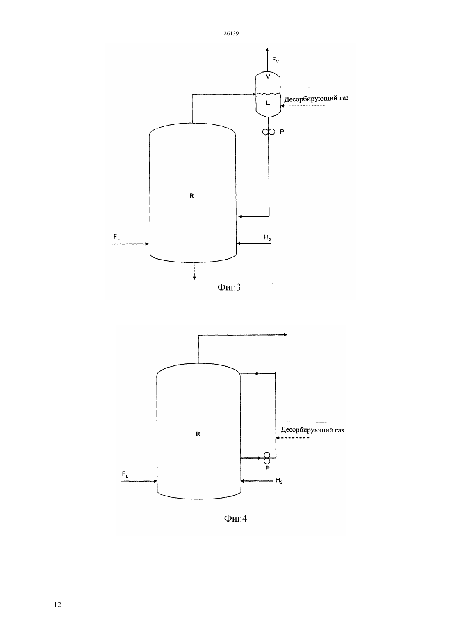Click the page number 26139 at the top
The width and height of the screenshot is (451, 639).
point(231,33)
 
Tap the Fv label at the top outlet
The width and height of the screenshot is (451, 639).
point(276,60)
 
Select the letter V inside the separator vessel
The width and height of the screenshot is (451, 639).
point(268,76)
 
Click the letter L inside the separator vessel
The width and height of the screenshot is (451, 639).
point(268,103)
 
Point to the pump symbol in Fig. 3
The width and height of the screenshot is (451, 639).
point(269,132)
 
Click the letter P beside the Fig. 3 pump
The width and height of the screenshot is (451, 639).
point(282,132)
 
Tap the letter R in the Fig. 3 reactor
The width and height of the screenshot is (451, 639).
point(191,196)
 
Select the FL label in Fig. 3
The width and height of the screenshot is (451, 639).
point(116,237)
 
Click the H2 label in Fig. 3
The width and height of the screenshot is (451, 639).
point(267,237)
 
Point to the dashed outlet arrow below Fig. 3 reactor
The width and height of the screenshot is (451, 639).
point(194,271)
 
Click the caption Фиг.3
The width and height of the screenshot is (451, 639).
point(229,287)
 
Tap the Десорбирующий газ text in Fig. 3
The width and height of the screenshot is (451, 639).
point(317,99)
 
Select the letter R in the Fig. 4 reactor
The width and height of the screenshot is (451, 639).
point(198,434)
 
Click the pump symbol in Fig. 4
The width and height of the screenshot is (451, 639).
point(267,458)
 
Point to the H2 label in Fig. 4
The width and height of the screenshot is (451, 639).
point(279,480)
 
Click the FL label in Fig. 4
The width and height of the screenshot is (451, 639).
point(125,474)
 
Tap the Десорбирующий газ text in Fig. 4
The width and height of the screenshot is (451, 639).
point(312,430)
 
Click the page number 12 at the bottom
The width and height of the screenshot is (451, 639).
point(57,605)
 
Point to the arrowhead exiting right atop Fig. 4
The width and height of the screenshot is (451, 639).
point(285,335)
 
